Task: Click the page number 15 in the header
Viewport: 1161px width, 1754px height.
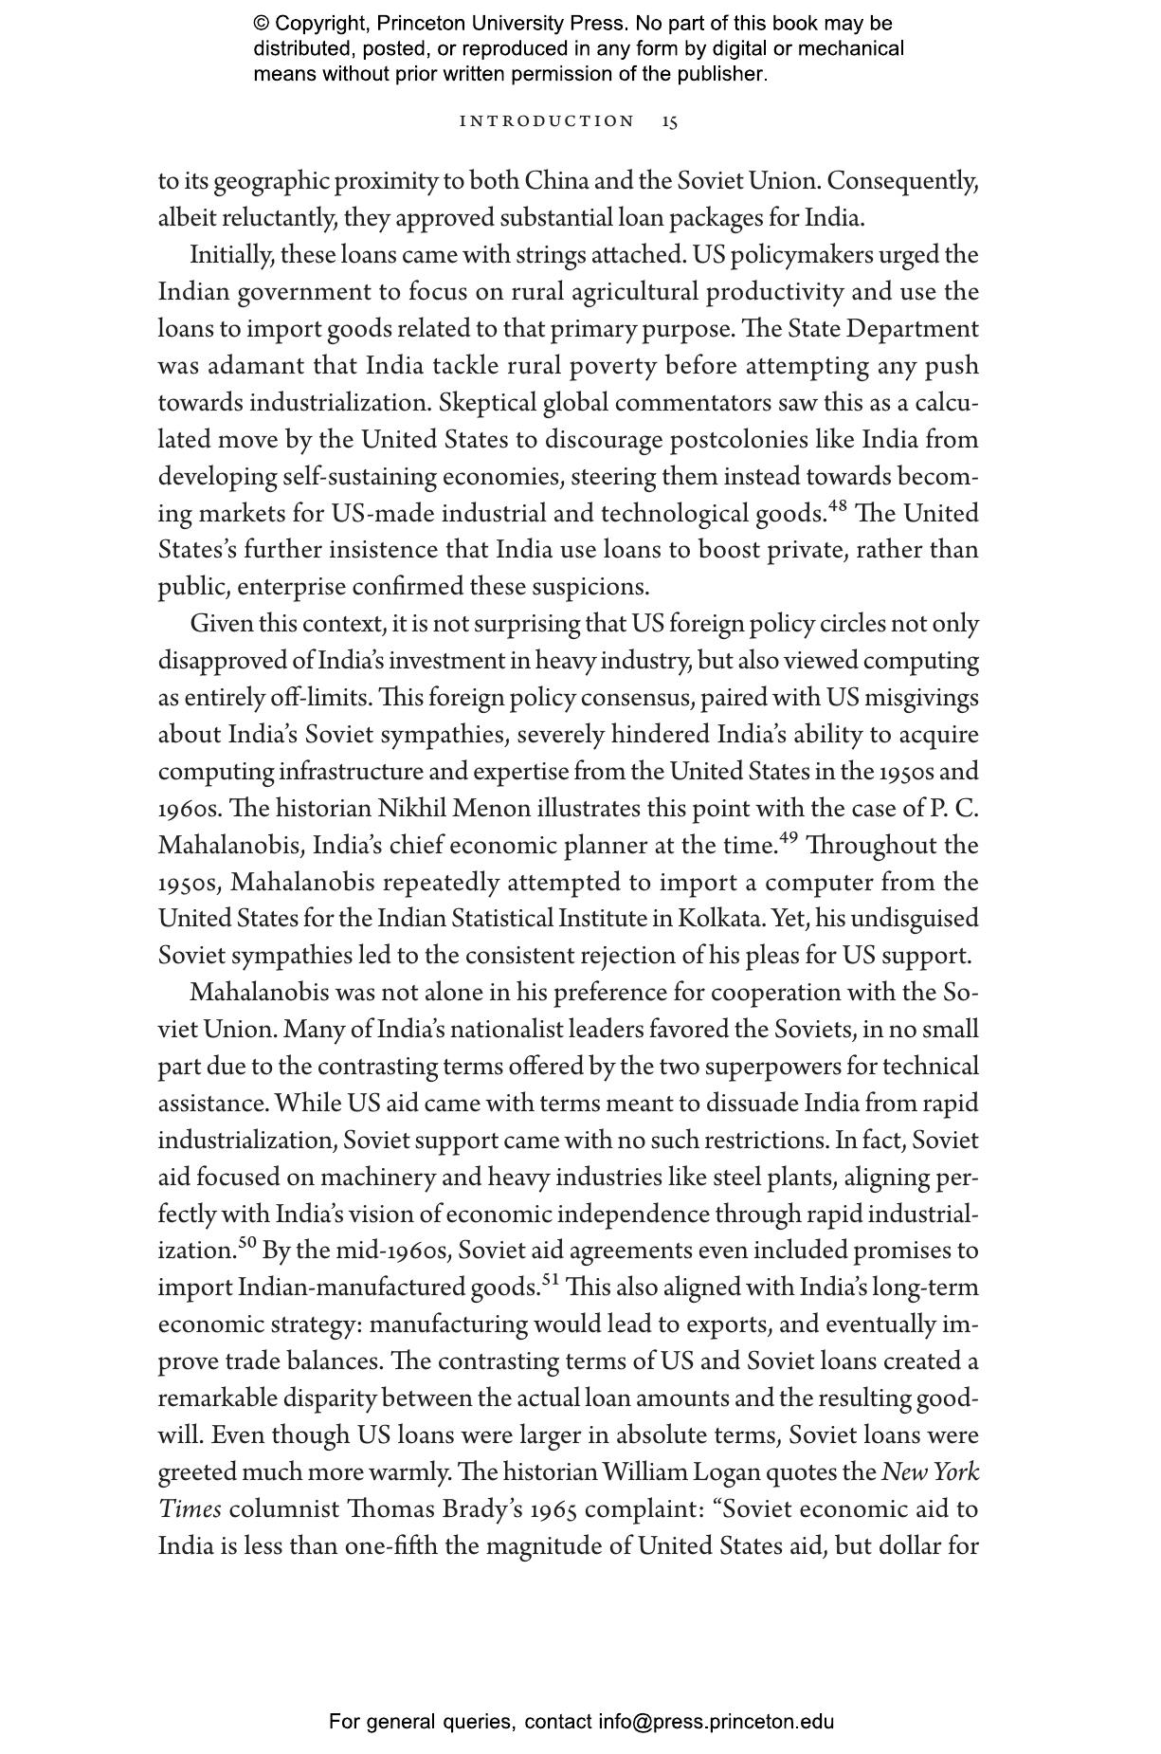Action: coord(669,121)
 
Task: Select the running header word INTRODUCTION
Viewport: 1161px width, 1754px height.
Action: coord(547,121)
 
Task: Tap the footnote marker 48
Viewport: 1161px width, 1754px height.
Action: coord(837,505)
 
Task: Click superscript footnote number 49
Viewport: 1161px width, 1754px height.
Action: coord(788,837)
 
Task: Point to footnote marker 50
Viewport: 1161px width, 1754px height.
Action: coord(247,1242)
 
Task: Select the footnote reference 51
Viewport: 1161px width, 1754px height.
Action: coord(551,1279)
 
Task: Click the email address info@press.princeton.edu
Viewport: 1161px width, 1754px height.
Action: coord(716,1722)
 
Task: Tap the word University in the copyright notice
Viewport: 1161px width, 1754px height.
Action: coord(492,24)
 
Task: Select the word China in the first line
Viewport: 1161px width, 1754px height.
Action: coord(557,181)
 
